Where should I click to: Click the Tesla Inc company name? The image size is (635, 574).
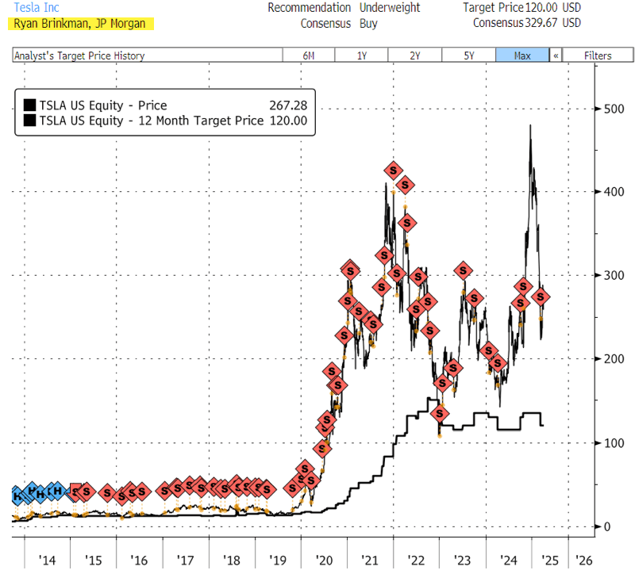pyautogui.click(x=37, y=8)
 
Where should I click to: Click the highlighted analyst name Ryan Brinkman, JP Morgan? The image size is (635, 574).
pyautogui.click(x=79, y=23)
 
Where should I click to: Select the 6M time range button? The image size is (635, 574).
pyautogui.click(x=308, y=55)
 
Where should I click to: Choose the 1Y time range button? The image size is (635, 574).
pyautogui.click(x=361, y=55)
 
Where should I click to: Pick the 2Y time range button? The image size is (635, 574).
pyautogui.click(x=414, y=55)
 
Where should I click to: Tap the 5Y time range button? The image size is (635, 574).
pyautogui.click(x=468, y=55)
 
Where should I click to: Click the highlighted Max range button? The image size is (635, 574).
pyautogui.click(x=522, y=55)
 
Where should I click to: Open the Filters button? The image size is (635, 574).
pyautogui.click(x=598, y=55)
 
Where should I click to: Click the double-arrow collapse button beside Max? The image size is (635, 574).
pyautogui.click(x=556, y=55)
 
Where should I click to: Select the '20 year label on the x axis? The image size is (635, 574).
pyautogui.click(x=324, y=561)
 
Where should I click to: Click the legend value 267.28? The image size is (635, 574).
pyautogui.click(x=288, y=105)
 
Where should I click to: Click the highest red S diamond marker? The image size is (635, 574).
pyautogui.click(x=393, y=170)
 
